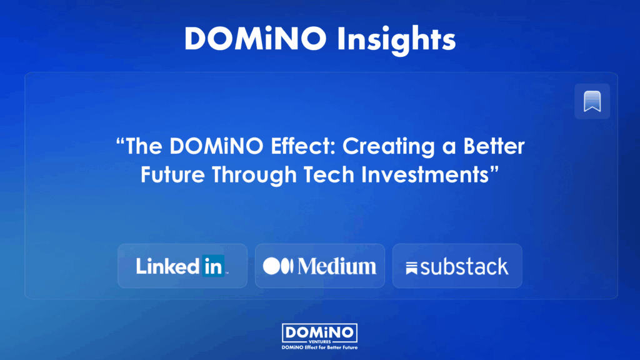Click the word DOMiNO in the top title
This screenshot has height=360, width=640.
(x=256, y=39)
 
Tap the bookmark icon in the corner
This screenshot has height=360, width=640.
(x=592, y=101)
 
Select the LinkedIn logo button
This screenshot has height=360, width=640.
(x=182, y=266)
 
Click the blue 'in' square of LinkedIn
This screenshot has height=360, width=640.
(x=213, y=266)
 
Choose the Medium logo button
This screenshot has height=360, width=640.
(x=320, y=266)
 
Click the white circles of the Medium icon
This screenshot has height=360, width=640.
(x=278, y=266)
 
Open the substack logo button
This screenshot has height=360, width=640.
(x=457, y=266)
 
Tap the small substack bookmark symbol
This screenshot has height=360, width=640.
(x=411, y=268)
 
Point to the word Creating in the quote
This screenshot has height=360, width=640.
(x=389, y=147)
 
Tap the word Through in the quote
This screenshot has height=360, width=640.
(x=254, y=176)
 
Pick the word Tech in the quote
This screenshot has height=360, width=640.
(x=329, y=175)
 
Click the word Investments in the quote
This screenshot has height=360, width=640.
(x=425, y=175)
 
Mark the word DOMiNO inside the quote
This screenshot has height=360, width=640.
(x=216, y=146)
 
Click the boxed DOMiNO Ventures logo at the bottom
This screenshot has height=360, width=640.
(x=319, y=334)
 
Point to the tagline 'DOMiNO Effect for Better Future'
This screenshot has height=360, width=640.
(x=319, y=347)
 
